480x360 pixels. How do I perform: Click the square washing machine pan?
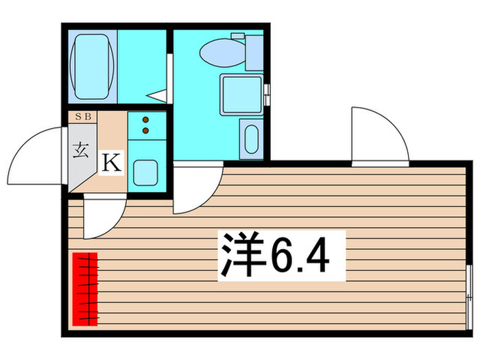click(240, 93)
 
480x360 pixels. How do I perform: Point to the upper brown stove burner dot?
click(145, 119)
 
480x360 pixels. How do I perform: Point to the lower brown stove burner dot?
click(145, 129)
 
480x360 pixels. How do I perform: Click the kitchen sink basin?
click(146, 171)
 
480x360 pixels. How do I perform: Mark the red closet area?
click(86, 288)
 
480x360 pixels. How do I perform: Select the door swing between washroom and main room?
click(195, 189)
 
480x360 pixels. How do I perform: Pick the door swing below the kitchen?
click(103, 216)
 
